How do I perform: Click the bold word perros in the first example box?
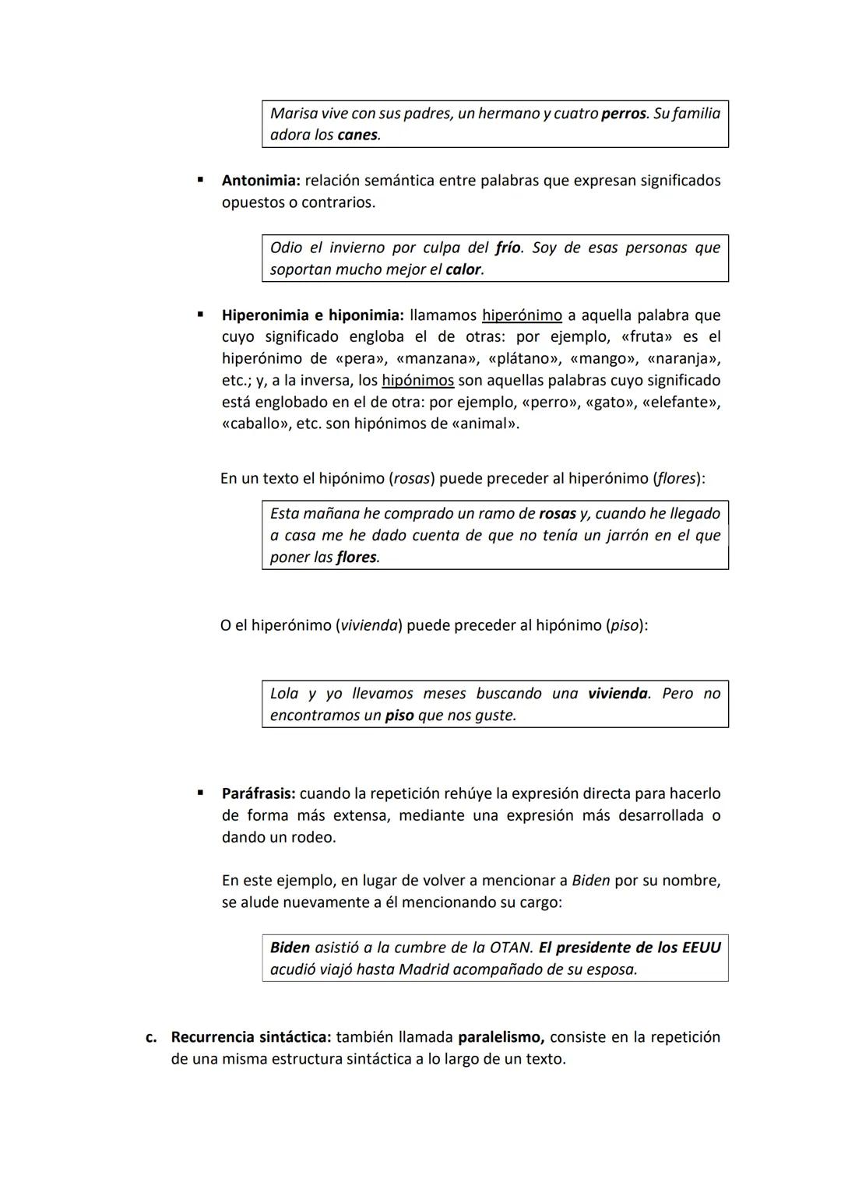[624, 114]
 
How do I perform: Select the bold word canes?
[357, 135]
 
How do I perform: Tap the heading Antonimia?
[260, 181]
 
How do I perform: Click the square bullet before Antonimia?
[200, 180]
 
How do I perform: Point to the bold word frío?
[508, 248]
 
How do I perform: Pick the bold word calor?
[463, 270]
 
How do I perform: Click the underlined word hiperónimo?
[522, 315]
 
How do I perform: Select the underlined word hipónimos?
[417, 381]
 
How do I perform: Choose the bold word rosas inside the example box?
[557, 514]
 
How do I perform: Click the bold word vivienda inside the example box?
[618, 694]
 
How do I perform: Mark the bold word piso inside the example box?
[399, 716]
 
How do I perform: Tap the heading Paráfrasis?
[259, 793]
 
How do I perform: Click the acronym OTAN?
[511, 948]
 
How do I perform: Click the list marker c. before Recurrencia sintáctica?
[152, 1038]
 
